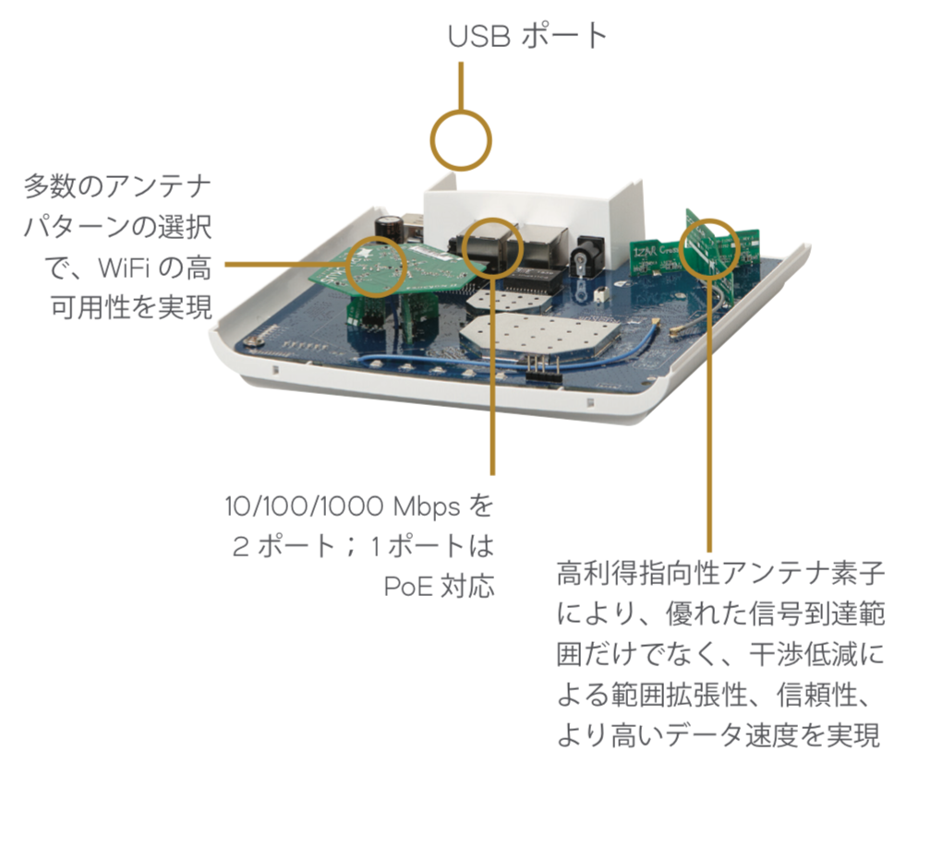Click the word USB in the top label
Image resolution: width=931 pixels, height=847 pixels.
point(479,36)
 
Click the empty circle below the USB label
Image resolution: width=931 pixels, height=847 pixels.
point(461,112)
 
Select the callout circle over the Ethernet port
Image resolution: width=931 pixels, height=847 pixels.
point(492,220)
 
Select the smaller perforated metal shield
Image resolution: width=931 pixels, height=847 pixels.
point(510,300)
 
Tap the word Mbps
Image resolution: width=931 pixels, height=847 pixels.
point(427,507)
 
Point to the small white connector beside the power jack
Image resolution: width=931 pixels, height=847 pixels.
point(603,295)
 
